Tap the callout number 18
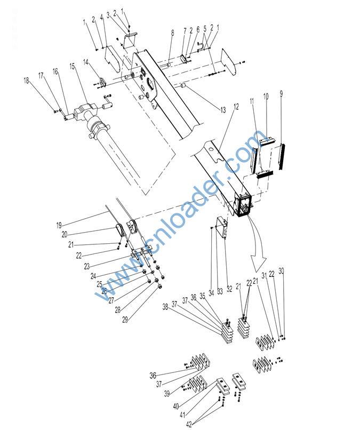[26, 81]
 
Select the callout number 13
[223, 110]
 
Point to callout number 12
[236, 107]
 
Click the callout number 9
[281, 93]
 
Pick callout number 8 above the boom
[172, 33]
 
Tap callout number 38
[165, 307]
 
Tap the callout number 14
[86, 63]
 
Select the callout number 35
[202, 297]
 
